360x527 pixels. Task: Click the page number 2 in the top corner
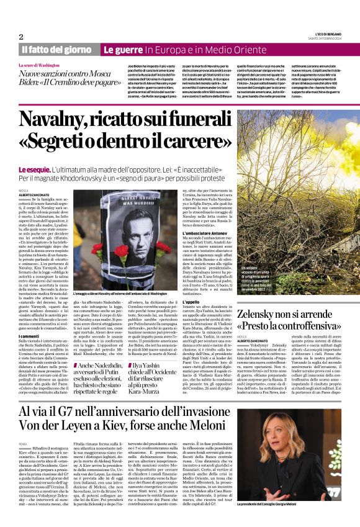(x=20, y=37)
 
